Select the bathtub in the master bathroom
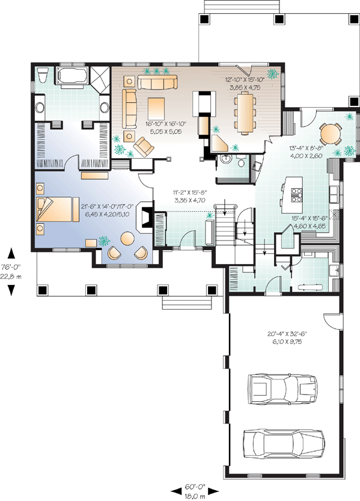[x=71, y=76]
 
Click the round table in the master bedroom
[x=127, y=238]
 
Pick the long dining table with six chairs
[x=245, y=113]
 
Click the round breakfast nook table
[x=331, y=134]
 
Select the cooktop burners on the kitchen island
[x=296, y=195]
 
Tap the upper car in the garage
[x=282, y=389]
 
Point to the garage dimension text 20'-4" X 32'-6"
[x=287, y=334]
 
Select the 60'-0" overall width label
[x=195, y=487]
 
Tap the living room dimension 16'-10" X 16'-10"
[x=166, y=124]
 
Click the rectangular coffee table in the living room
[x=156, y=108]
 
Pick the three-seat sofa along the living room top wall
[x=157, y=82]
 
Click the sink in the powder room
[x=227, y=159]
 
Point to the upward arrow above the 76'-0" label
[x=11, y=253]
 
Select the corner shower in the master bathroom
[x=99, y=78]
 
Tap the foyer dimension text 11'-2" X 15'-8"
[x=190, y=192]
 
